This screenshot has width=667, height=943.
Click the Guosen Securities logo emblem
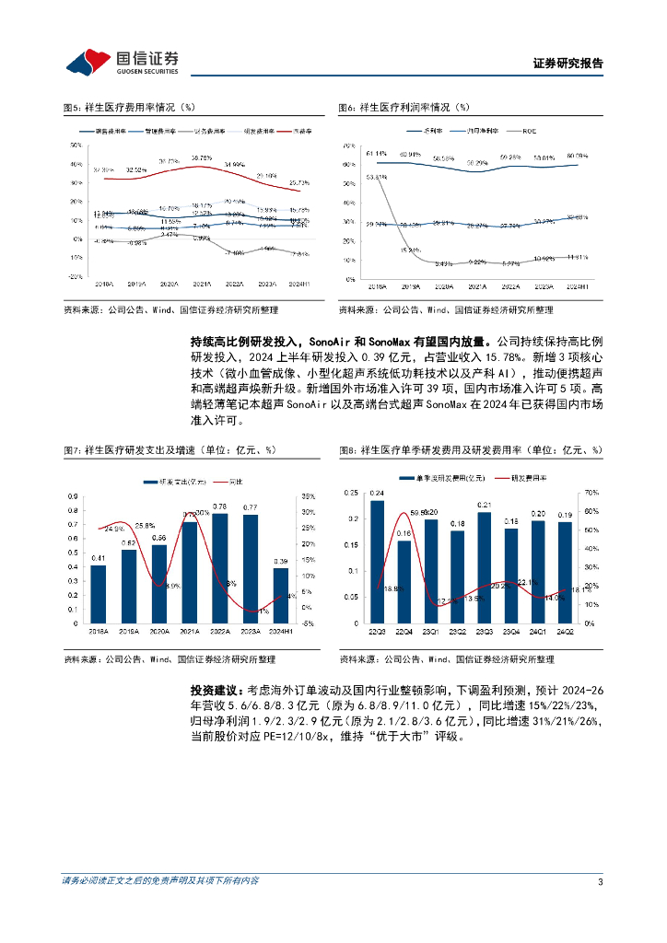tap(86, 62)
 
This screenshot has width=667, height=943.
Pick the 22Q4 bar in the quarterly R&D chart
tap(404, 581)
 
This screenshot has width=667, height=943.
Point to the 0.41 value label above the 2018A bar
tap(99, 558)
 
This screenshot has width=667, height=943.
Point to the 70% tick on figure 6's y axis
tap(349, 146)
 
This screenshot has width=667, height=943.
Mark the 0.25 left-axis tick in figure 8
tap(351, 494)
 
